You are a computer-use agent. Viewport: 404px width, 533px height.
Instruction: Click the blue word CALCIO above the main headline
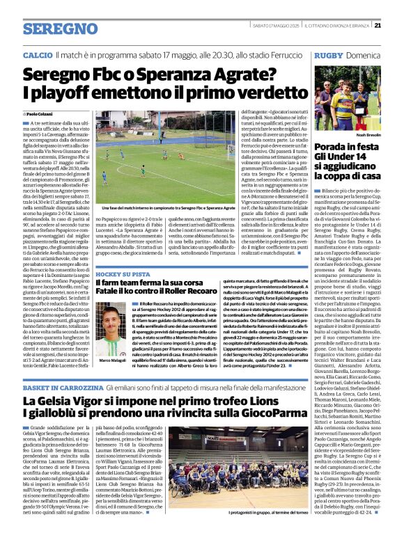[37, 54]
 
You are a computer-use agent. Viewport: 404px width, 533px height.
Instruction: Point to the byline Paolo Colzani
[39, 113]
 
